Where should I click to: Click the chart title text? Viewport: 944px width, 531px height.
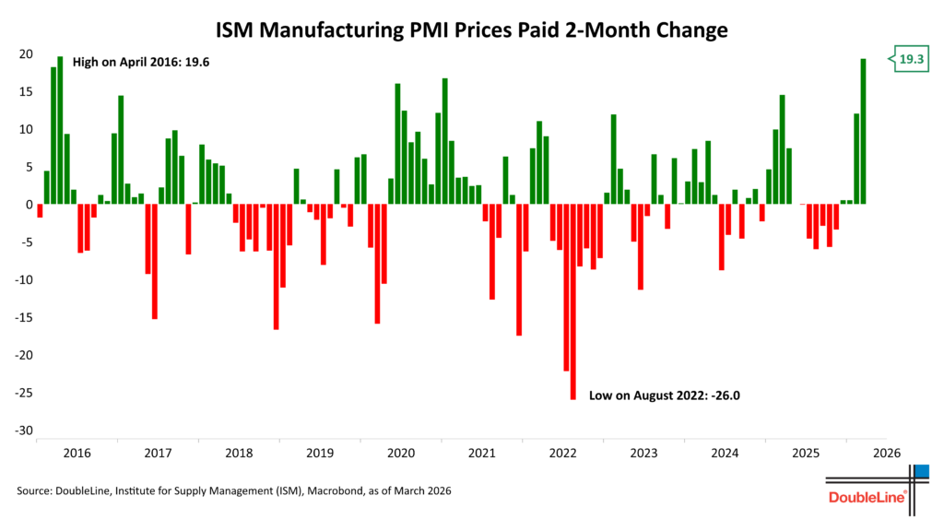pyautogui.click(x=472, y=30)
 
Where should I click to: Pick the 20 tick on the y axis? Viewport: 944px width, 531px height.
pyautogui.click(x=27, y=54)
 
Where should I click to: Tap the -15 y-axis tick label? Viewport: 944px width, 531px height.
pyautogui.click(x=24, y=318)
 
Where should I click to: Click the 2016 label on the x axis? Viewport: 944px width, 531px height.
pyautogui.click(x=77, y=454)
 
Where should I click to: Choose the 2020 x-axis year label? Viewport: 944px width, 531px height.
pyautogui.click(x=400, y=454)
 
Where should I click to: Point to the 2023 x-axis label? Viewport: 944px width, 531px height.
pyautogui.click(x=643, y=454)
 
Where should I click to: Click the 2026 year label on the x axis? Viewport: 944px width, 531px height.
pyautogui.click(x=886, y=454)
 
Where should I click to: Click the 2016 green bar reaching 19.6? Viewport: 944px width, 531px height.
pyautogui.click(x=60, y=130)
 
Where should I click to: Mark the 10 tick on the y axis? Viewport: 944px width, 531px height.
pyautogui.click(x=27, y=130)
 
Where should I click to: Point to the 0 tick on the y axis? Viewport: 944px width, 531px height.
pyautogui.click(x=29, y=205)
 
